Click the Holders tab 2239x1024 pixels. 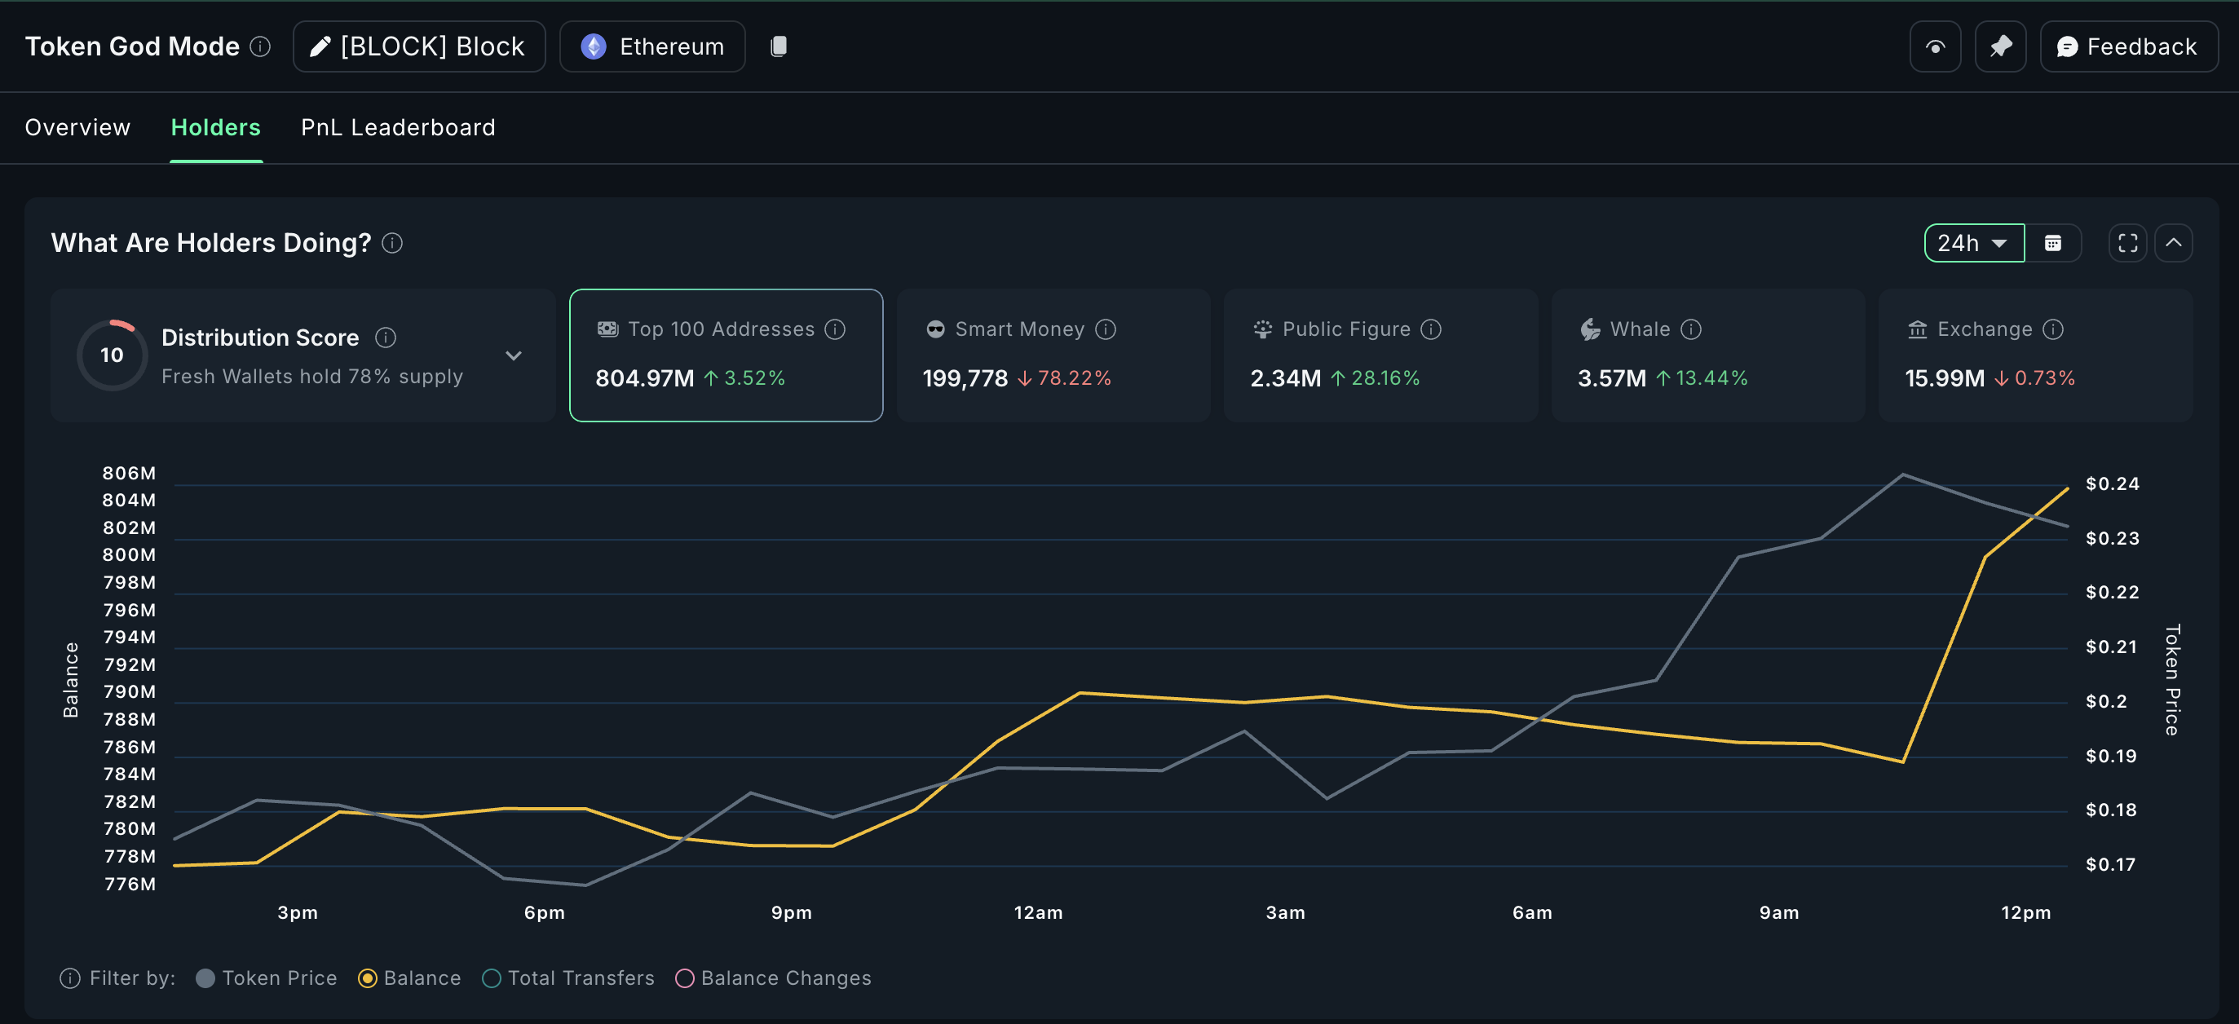[x=215, y=128]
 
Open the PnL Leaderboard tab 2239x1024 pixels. [x=398, y=128]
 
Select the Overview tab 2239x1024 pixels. [x=77, y=128]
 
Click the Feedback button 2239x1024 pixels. [x=2128, y=47]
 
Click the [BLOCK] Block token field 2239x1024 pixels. [x=419, y=47]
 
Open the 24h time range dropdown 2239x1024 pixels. [x=1973, y=244]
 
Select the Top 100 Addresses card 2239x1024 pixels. [x=726, y=355]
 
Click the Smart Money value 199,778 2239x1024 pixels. [x=965, y=378]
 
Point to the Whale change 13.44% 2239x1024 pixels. [x=1711, y=378]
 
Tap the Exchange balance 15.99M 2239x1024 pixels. [x=1945, y=378]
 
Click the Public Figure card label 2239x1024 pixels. [x=1345, y=329]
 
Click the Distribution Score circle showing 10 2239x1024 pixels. [x=113, y=355]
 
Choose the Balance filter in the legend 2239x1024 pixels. [x=409, y=978]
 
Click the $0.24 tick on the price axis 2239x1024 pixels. [x=2112, y=484]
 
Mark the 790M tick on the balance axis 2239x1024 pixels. [x=130, y=692]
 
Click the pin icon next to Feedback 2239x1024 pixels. [x=2000, y=47]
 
